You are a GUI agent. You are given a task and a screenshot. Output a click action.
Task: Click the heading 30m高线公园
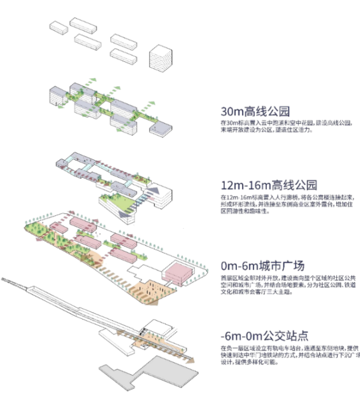255,112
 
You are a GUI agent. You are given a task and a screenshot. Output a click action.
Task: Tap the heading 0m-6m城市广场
263,266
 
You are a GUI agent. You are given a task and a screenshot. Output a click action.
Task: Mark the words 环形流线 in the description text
242,204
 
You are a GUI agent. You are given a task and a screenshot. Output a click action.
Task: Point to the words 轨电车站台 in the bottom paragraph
274,348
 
